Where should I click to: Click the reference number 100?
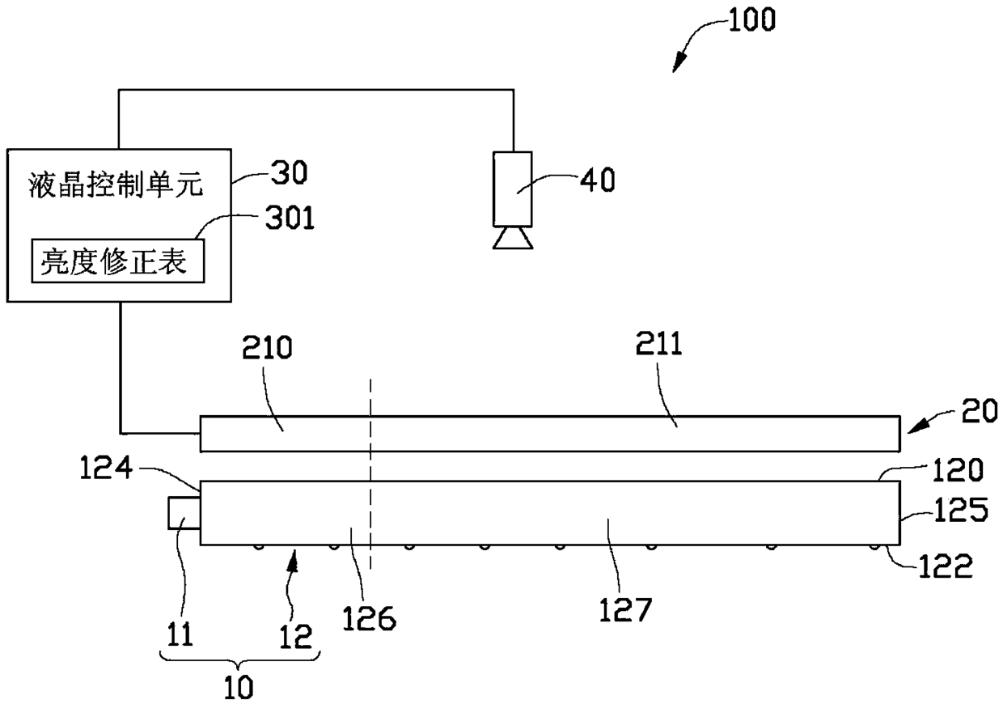pyautogui.click(x=751, y=19)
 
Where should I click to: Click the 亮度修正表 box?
pyautogui.click(x=118, y=261)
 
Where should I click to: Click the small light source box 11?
pyautogui.click(x=184, y=512)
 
